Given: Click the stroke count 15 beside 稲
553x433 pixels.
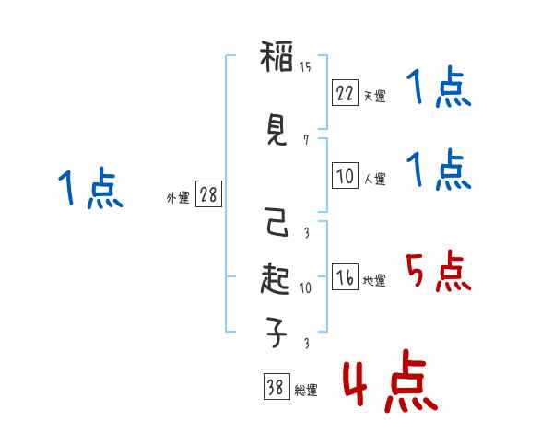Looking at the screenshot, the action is (305, 67).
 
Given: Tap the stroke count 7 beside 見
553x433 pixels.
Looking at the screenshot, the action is (305, 140).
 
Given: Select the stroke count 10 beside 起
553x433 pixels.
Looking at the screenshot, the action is (305, 287).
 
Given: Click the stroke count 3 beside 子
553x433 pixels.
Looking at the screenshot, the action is (305, 344).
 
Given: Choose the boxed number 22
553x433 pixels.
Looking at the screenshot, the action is (345, 93).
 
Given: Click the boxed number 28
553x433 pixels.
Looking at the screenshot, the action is (208, 195).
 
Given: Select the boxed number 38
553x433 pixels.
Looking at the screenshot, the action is (275, 388).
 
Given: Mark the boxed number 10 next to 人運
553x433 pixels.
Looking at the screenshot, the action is (345, 176).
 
